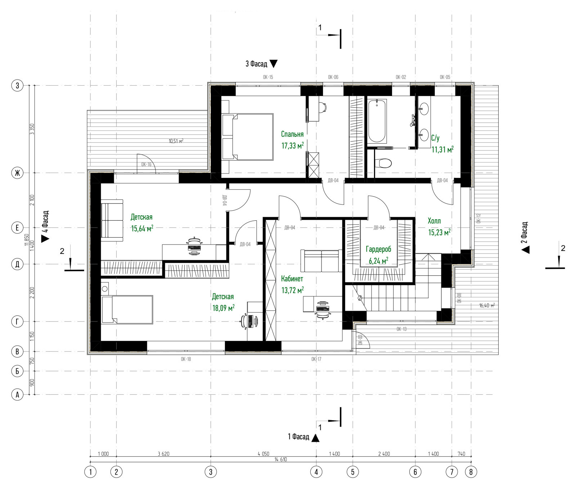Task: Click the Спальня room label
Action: (x=292, y=134)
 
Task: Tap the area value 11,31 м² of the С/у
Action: (x=442, y=149)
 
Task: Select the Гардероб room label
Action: (x=378, y=249)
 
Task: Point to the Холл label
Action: (x=434, y=221)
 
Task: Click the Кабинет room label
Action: (x=292, y=279)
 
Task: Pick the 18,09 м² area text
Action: (x=223, y=308)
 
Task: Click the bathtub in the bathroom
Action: (x=377, y=121)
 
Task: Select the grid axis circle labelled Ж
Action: (x=17, y=173)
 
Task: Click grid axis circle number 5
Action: (x=353, y=472)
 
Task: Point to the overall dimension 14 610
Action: (x=281, y=459)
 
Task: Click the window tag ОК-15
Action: (x=268, y=77)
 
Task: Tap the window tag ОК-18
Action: (x=186, y=359)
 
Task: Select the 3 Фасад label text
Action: (x=256, y=64)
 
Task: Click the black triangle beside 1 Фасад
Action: (x=315, y=438)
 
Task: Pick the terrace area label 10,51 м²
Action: (x=176, y=141)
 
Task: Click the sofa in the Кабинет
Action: (x=321, y=261)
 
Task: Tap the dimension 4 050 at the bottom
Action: (x=264, y=454)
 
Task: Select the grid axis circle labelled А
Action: (x=17, y=395)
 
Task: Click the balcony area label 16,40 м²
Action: (x=487, y=305)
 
